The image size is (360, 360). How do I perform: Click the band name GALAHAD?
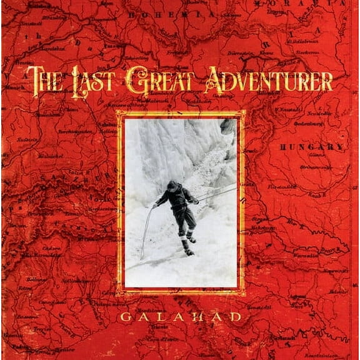coord(181,316)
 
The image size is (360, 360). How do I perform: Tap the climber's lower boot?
coord(188,252)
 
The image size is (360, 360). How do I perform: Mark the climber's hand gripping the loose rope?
coord(154,205)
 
